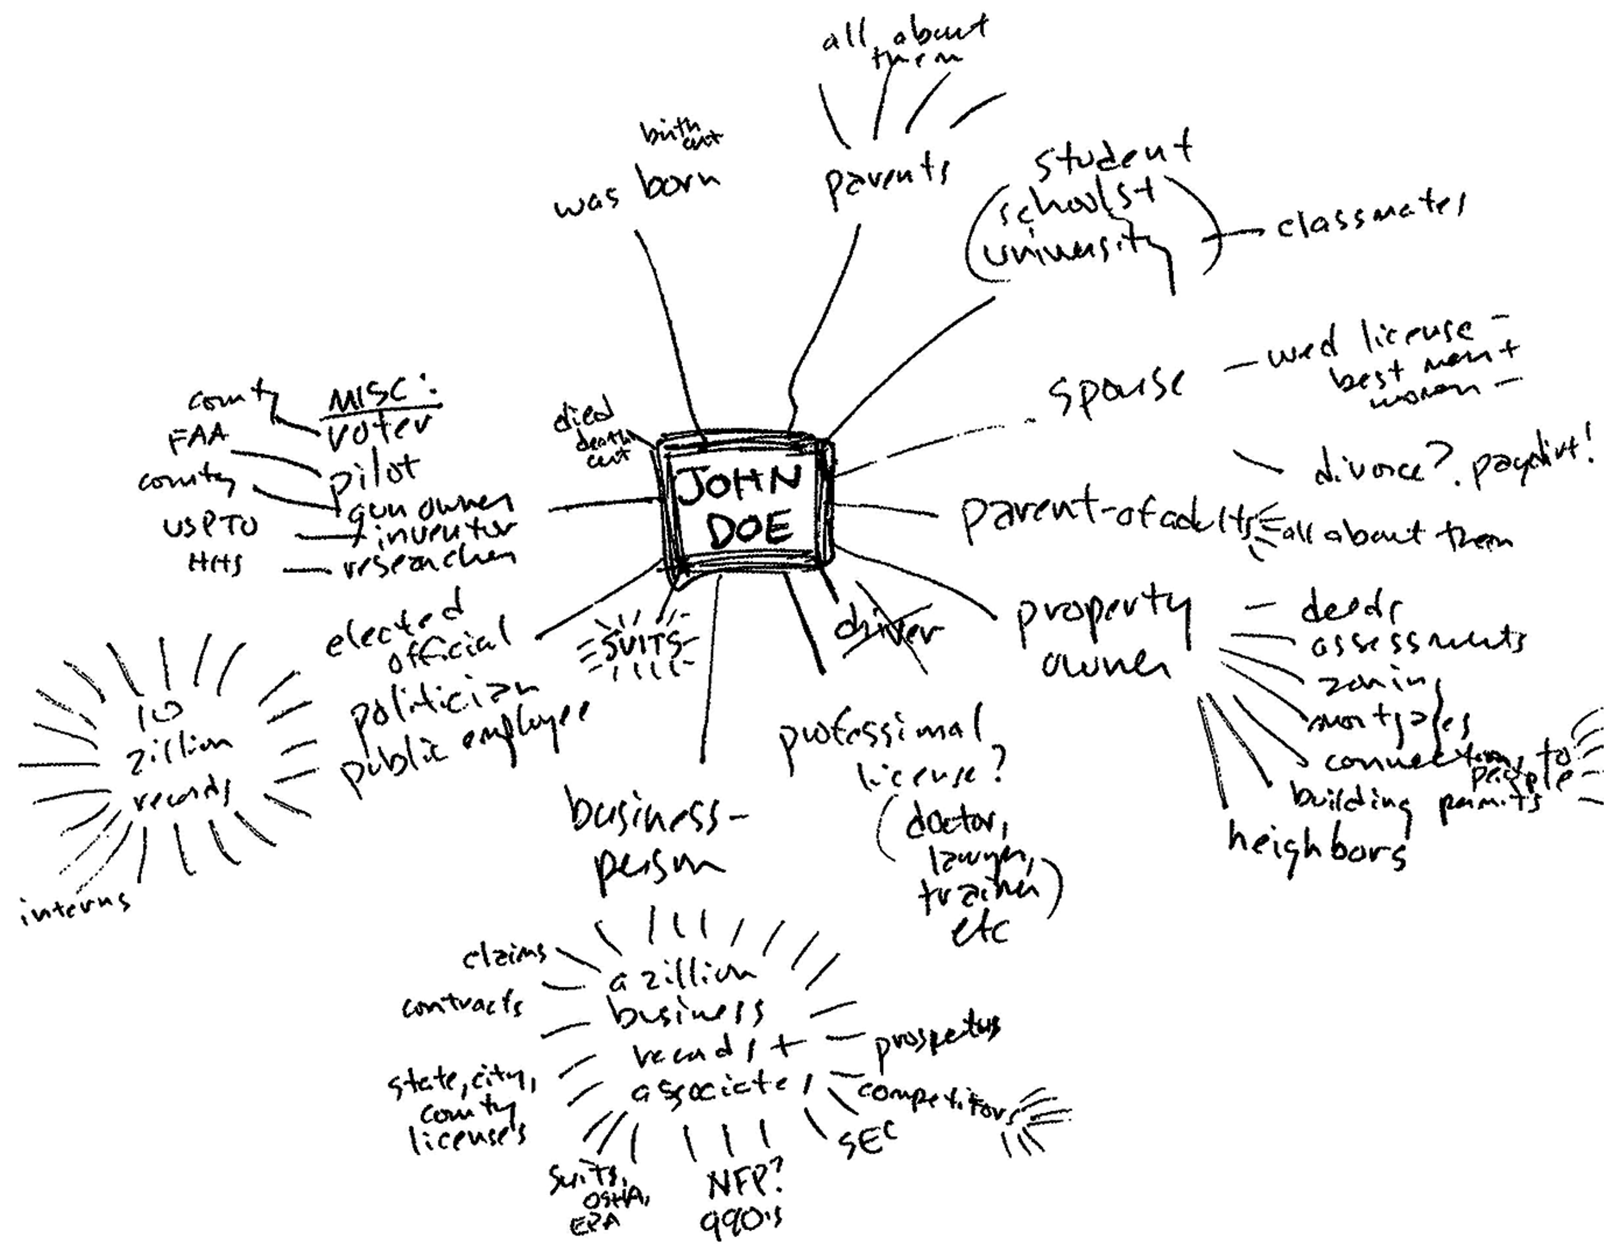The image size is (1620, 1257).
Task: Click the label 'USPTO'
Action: pyautogui.click(x=210, y=527)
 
